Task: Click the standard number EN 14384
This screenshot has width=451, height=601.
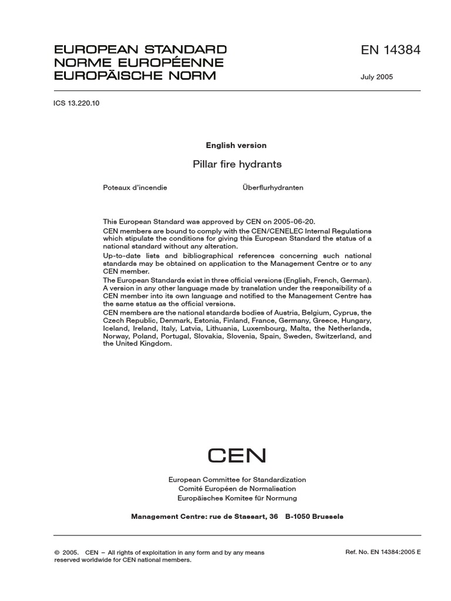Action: click(x=391, y=50)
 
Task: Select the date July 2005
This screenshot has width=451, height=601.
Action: click(x=377, y=77)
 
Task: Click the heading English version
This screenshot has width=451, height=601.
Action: click(x=236, y=145)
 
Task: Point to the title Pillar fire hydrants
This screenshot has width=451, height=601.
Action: click(x=237, y=164)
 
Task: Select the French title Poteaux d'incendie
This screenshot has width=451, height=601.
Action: click(x=135, y=188)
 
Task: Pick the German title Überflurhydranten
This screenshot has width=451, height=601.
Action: click(x=272, y=188)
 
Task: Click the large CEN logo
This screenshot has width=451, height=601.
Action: click(x=237, y=455)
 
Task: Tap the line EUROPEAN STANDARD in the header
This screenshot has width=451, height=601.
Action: click(x=140, y=49)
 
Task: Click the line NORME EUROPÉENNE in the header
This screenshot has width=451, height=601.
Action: click(x=139, y=62)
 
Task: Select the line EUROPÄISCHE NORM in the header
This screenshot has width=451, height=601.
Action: click(x=135, y=75)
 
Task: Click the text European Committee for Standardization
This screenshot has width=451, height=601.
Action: click(x=237, y=480)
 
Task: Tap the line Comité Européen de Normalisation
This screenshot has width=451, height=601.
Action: click(x=237, y=489)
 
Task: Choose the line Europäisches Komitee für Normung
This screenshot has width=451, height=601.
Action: click(x=237, y=498)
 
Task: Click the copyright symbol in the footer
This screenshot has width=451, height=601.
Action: click(x=57, y=553)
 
